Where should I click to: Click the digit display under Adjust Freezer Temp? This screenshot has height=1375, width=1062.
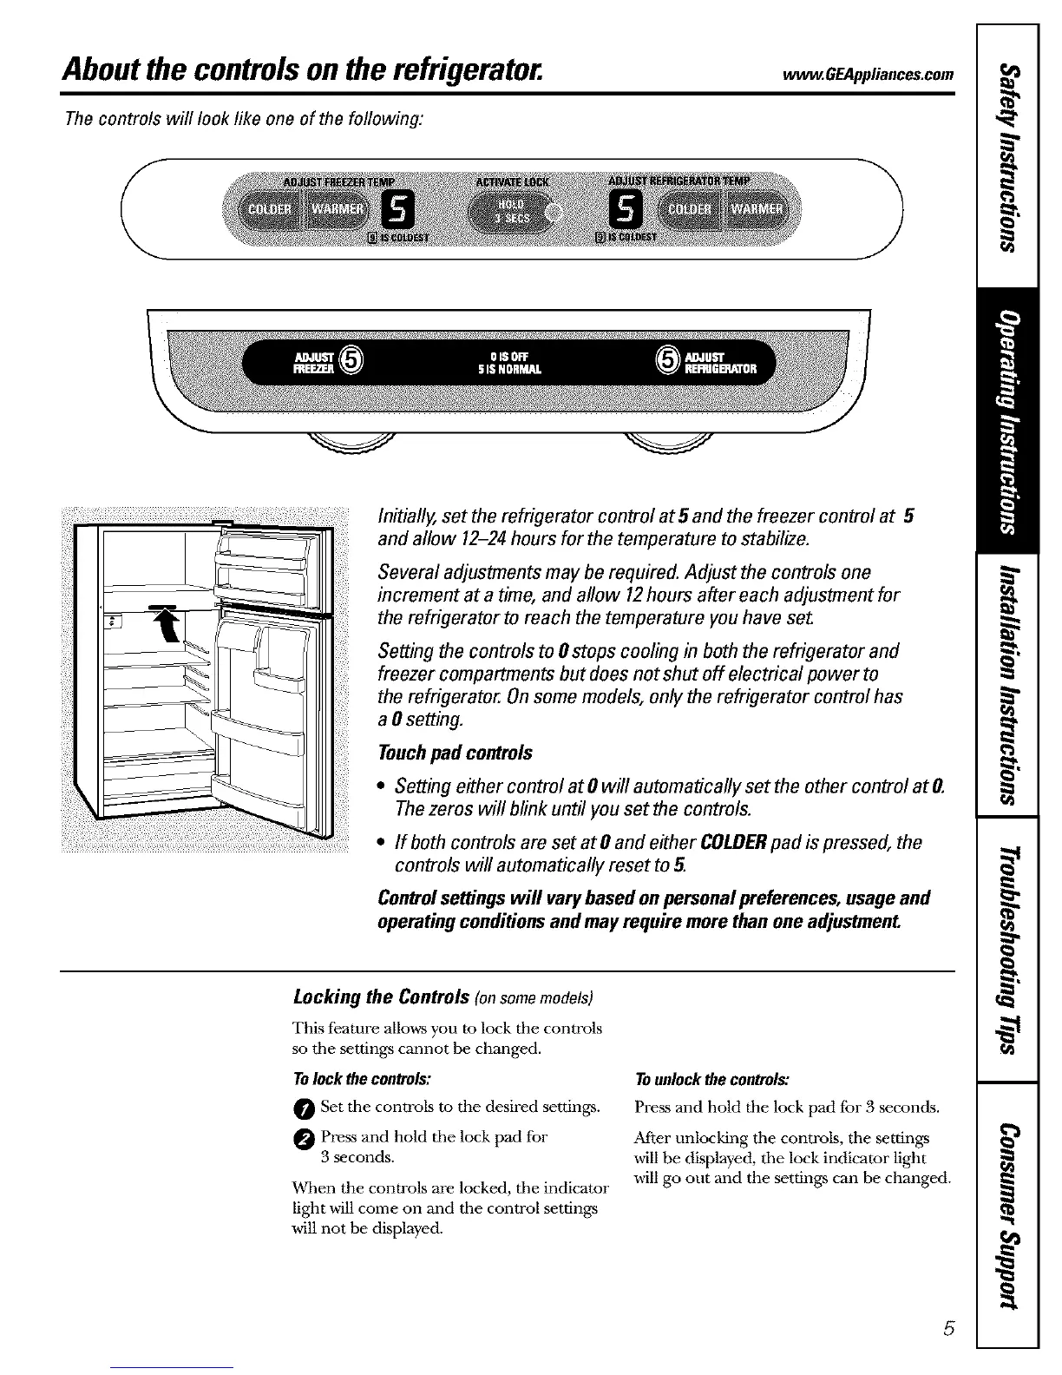[398, 208]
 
